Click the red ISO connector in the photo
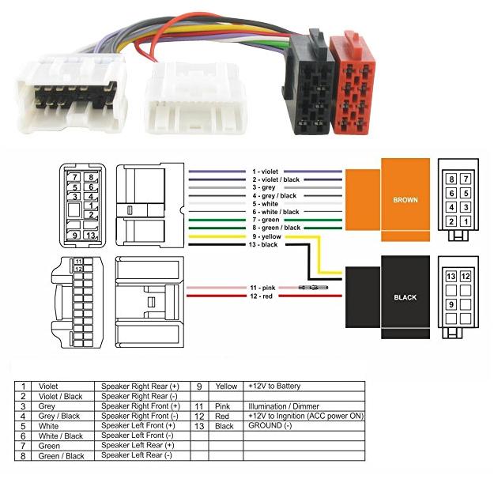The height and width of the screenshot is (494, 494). tap(355, 83)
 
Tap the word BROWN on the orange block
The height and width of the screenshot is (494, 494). tap(405, 200)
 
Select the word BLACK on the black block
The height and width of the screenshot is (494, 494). tap(405, 298)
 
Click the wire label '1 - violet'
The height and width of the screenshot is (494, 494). tap(266, 172)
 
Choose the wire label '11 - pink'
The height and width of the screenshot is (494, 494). tap(264, 288)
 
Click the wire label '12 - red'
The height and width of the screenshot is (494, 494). tap(264, 296)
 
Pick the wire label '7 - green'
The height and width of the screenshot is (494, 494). tap(266, 220)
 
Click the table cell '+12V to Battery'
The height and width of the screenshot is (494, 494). tap(274, 387)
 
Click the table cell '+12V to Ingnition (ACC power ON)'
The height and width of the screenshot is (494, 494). tap(305, 416)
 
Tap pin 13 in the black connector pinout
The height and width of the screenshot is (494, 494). tap(451, 277)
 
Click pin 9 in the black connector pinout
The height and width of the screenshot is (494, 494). tap(451, 303)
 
